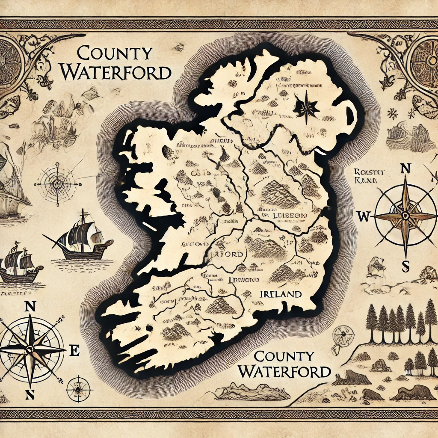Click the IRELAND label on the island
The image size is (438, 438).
[280, 294]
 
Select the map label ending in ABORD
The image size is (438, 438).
[230, 254]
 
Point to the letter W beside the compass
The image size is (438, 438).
[363, 216]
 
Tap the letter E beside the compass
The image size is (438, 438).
[74, 352]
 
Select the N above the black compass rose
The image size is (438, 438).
[30, 306]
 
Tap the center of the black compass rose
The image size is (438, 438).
[30, 349]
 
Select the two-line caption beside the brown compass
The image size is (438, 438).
[365, 176]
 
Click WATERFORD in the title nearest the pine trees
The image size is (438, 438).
[284, 370]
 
